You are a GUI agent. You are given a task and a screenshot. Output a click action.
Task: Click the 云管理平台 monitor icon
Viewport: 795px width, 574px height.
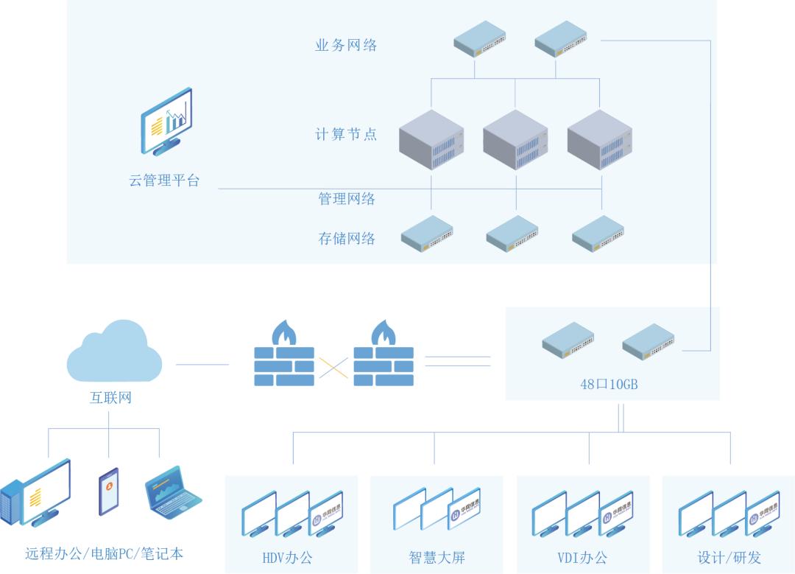[168, 121]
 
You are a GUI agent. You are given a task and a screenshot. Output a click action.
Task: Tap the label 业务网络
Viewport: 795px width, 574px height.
[346, 46]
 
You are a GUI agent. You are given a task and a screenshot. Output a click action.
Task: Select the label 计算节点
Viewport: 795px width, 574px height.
[346, 134]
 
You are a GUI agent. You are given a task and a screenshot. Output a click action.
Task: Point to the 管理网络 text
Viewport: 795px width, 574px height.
[347, 199]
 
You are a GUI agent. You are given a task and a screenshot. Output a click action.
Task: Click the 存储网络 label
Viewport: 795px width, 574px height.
[347, 239]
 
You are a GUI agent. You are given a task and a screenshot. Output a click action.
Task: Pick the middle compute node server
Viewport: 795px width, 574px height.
[515, 140]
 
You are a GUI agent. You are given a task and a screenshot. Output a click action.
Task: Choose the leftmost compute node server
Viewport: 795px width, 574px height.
[431, 140]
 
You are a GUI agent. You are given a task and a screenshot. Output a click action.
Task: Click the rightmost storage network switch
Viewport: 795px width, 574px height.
[598, 233]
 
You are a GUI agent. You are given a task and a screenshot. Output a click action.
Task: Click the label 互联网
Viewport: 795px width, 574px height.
[109, 399]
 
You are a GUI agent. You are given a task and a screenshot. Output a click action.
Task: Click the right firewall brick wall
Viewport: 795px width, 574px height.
[384, 366]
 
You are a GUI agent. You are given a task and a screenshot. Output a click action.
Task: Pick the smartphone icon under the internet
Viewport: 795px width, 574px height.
[108, 491]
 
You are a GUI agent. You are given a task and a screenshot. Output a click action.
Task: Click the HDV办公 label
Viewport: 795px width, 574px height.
[287, 558]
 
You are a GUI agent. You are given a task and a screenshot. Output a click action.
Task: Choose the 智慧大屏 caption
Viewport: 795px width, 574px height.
[437, 558]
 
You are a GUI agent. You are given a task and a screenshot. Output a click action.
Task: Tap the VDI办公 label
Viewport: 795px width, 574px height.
[582, 558]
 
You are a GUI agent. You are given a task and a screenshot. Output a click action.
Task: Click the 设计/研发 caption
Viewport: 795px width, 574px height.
[729, 558]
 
